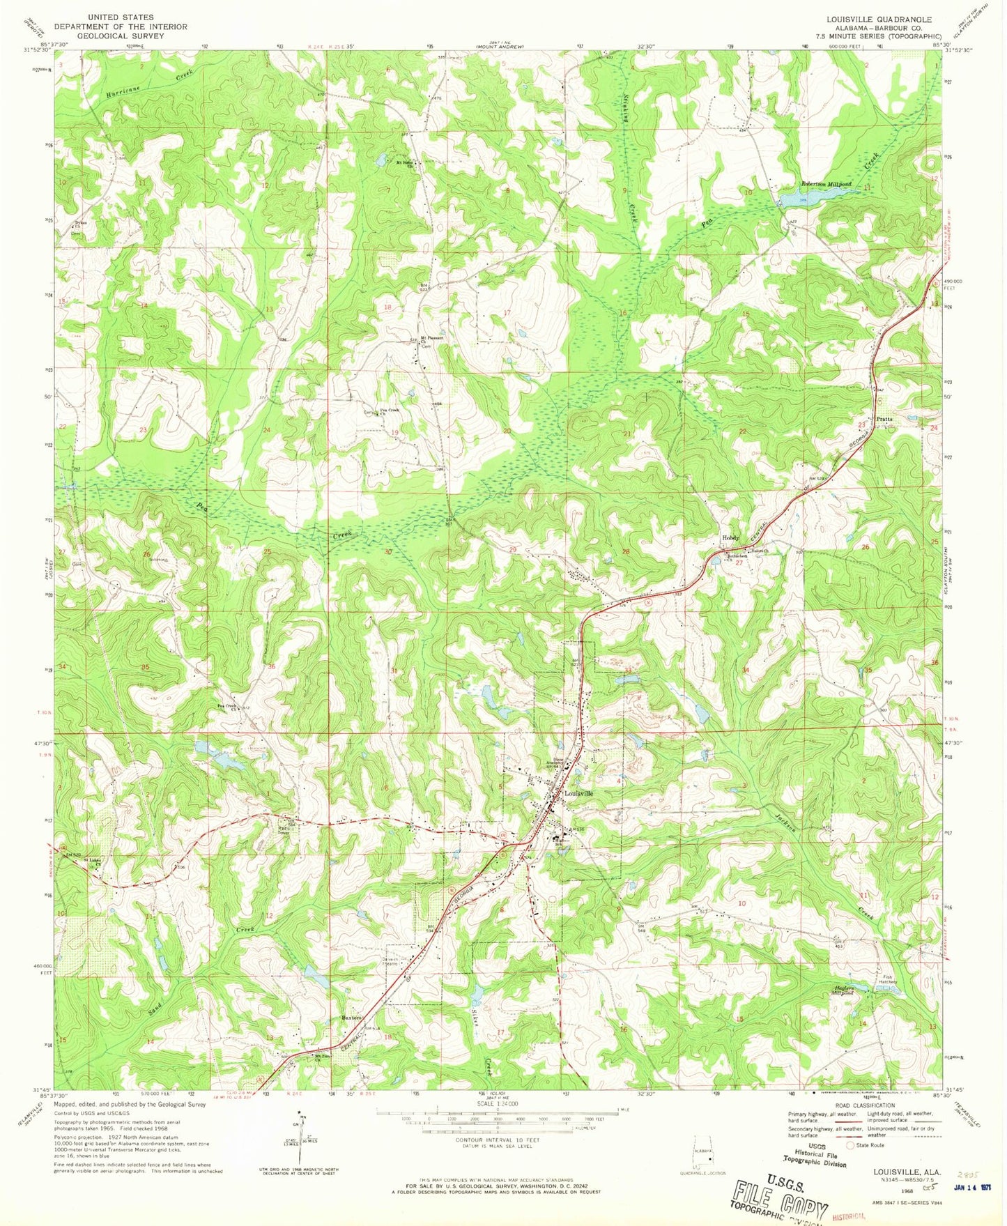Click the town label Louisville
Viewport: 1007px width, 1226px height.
click(x=578, y=793)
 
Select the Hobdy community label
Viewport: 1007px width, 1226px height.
click(x=730, y=537)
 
